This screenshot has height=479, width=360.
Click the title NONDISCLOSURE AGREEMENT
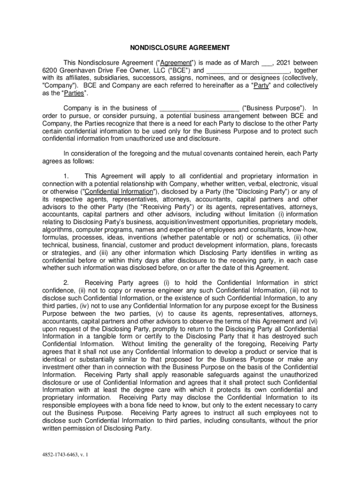click(x=180, y=47)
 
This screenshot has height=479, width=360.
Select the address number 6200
click(x=50, y=71)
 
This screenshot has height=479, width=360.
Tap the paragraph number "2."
click(x=67, y=283)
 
